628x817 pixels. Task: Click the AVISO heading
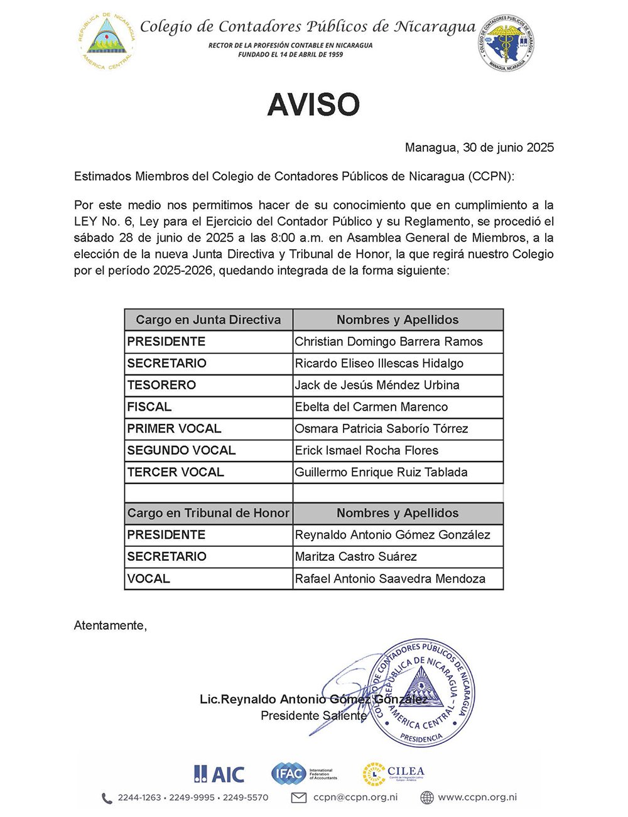point(313,105)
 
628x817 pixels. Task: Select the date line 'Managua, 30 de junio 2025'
point(479,148)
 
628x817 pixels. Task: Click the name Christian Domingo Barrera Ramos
point(389,342)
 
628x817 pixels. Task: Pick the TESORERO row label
point(161,385)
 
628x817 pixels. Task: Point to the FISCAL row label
point(149,407)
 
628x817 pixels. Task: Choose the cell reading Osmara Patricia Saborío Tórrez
point(381,429)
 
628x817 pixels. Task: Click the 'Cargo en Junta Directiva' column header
point(208,320)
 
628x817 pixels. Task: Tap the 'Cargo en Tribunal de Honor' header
point(208,513)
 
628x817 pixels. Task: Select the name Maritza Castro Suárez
point(355,556)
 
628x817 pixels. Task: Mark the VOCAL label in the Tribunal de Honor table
point(149,578)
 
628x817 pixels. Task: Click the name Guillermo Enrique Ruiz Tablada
point(381,472)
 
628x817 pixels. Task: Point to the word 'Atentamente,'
point(111,625)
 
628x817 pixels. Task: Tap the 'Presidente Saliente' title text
point(313,716)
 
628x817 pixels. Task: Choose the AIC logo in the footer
point(219,774)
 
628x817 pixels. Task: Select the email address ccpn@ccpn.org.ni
point(355,798)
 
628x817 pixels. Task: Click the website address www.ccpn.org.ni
point(477,798)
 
